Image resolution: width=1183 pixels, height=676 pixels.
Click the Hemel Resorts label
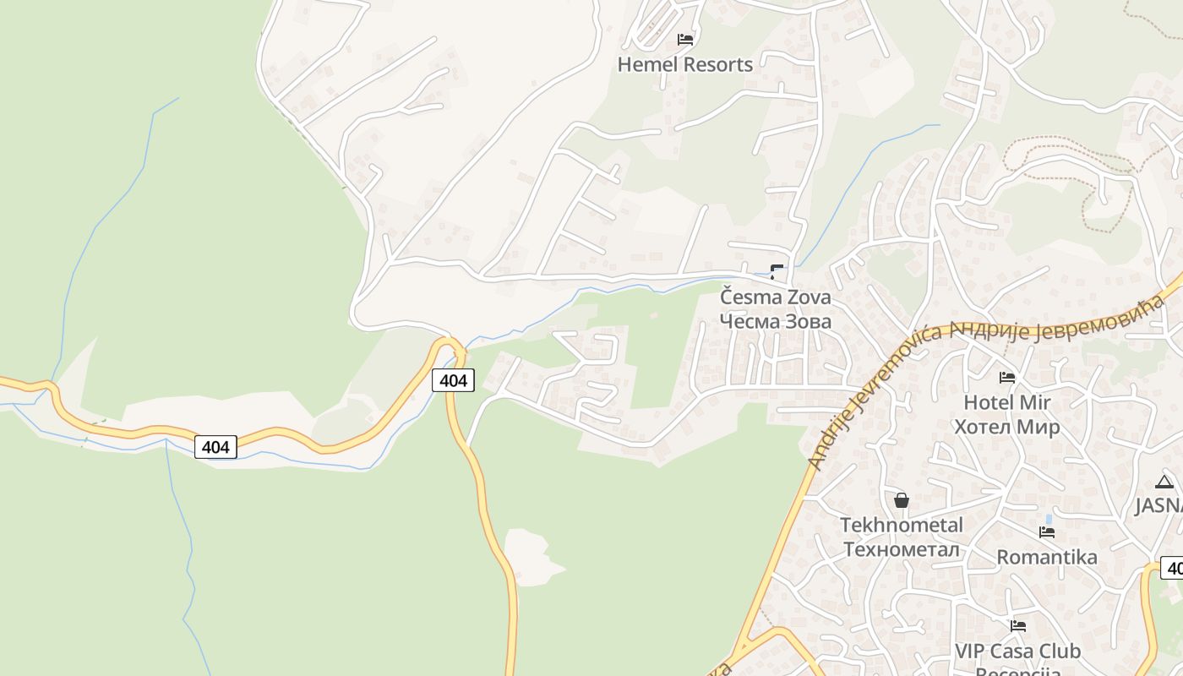click(x=684, y=64)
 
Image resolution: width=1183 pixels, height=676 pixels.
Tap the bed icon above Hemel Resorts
click(x=685, y=39)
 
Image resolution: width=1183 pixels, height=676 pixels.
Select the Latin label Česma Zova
click(x=775, y=297)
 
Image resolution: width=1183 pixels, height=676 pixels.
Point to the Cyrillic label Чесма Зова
click(x=775, y=321)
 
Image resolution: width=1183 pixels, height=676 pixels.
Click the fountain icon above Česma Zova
click(x=777, y=271)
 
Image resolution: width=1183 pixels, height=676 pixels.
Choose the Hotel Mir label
click(x=1006, y=402)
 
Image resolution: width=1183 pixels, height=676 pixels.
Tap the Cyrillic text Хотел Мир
click(x=1006, y=427)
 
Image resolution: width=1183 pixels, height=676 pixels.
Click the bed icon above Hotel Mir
click(x=1006, y=377)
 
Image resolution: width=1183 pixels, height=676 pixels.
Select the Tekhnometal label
click(x=901, y=525)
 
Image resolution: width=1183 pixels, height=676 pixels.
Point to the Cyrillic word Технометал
click(x=901, y=549)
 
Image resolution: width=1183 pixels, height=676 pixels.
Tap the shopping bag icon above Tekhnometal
click(x=902, y=500)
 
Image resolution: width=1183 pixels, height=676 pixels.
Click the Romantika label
click(x=1047, y=557)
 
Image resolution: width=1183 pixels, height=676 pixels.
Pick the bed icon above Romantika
click(x=1047, y=532)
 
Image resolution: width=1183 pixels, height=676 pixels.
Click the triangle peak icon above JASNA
click(x=1164, y=482)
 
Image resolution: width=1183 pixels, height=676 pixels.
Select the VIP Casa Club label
click(x=1017, y=651)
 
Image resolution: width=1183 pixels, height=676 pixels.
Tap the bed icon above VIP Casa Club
click(x=1018, y=626)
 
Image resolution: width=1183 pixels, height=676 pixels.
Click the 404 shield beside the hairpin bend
click(x=453, y=380)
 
